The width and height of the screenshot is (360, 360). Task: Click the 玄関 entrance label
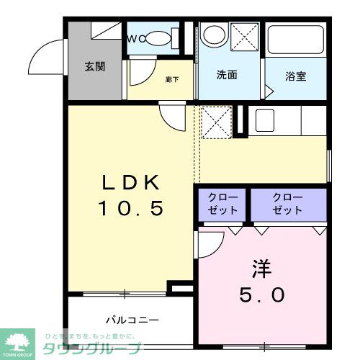pyautogui.click(x=94, y=67)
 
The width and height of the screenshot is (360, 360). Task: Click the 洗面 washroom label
pyautogui.click(x=228, y=75)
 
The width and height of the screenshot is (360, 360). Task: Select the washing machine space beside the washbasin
pyautogui.click(x=245, y=37)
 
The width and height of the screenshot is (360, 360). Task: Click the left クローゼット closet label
pyautogui.click(x=222, y=204)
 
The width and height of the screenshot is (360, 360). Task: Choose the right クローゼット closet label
pyautogui.click(x=287, y=204)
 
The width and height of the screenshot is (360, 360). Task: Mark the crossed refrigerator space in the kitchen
pyautogui.click(x=216, y=122)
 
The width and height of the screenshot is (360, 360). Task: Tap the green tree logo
pyautogui.click(x=20, y=341)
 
